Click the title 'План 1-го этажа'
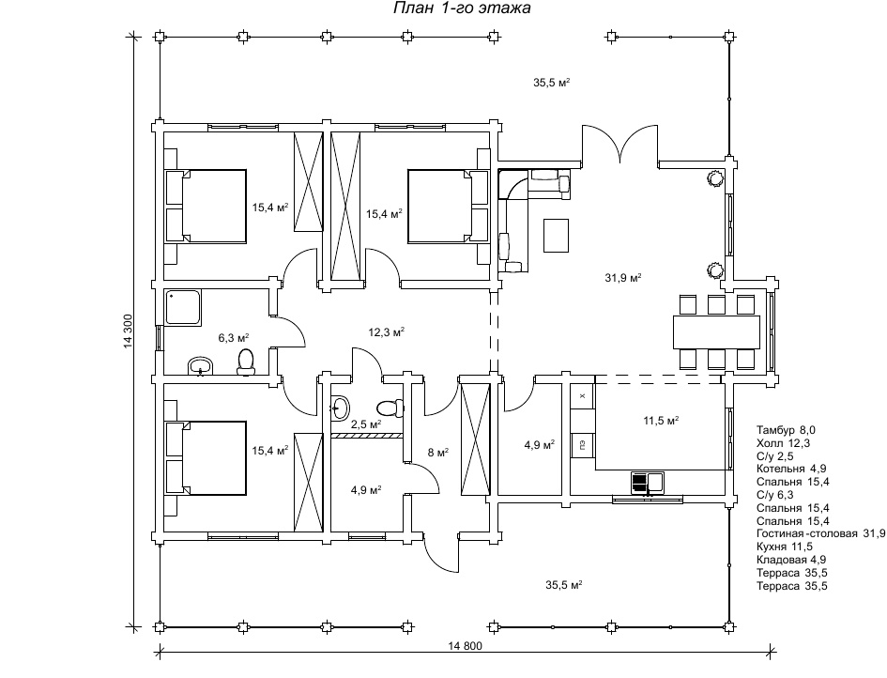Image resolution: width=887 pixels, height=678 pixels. coord(462,8)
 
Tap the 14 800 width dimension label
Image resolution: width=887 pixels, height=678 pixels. coord(465,646)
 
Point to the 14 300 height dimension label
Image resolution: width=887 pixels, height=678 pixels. coord(128,331)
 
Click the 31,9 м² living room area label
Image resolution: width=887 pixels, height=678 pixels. coord(623,278)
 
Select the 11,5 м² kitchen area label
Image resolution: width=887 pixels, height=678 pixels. coord(661,421)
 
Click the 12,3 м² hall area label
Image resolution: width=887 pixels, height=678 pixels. coord(387,332)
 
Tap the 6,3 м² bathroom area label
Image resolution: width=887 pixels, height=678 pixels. coord(234,338)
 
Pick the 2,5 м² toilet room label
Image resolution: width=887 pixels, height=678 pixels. coord(365,424)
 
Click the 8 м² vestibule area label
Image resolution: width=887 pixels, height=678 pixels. coord(437,453)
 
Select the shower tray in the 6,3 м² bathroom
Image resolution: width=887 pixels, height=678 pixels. coord(183,307)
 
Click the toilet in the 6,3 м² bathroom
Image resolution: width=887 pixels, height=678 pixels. coord(246,362)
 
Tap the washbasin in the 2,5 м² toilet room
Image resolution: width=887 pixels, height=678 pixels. coord(340,408)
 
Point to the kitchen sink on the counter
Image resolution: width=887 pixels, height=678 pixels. coord(648,483)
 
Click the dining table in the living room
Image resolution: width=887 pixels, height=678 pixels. coord(716,332)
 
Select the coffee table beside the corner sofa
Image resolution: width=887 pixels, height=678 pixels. coord(556,235)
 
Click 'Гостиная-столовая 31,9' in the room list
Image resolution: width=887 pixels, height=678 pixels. coord(820,533)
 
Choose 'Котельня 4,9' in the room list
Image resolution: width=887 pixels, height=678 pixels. coord(791,469)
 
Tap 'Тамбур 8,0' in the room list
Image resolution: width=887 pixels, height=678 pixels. coord(786,430)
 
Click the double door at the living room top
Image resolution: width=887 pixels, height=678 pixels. coord(620,145)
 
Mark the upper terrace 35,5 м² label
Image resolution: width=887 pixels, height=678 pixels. coord(551,83)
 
